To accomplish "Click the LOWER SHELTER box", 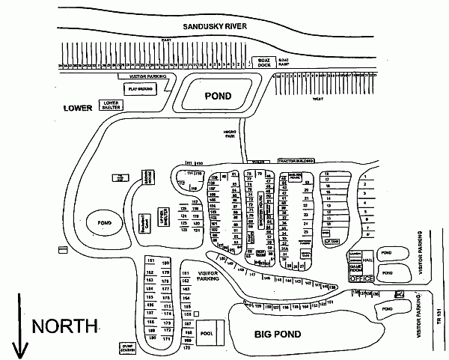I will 112,106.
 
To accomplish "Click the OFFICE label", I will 361,278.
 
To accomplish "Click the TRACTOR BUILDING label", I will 294,161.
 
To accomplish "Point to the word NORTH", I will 64,326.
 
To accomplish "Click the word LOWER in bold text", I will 77,108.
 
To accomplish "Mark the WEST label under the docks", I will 317,98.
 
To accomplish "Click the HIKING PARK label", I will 230,134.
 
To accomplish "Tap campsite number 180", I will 167,263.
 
